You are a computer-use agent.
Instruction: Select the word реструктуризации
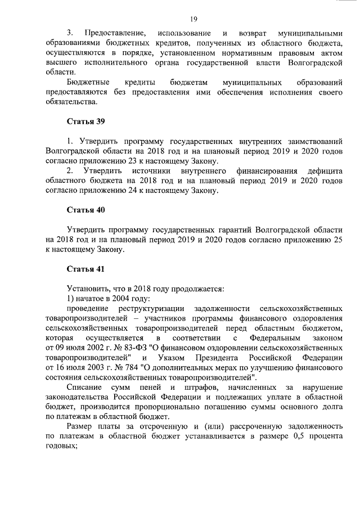152,309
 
